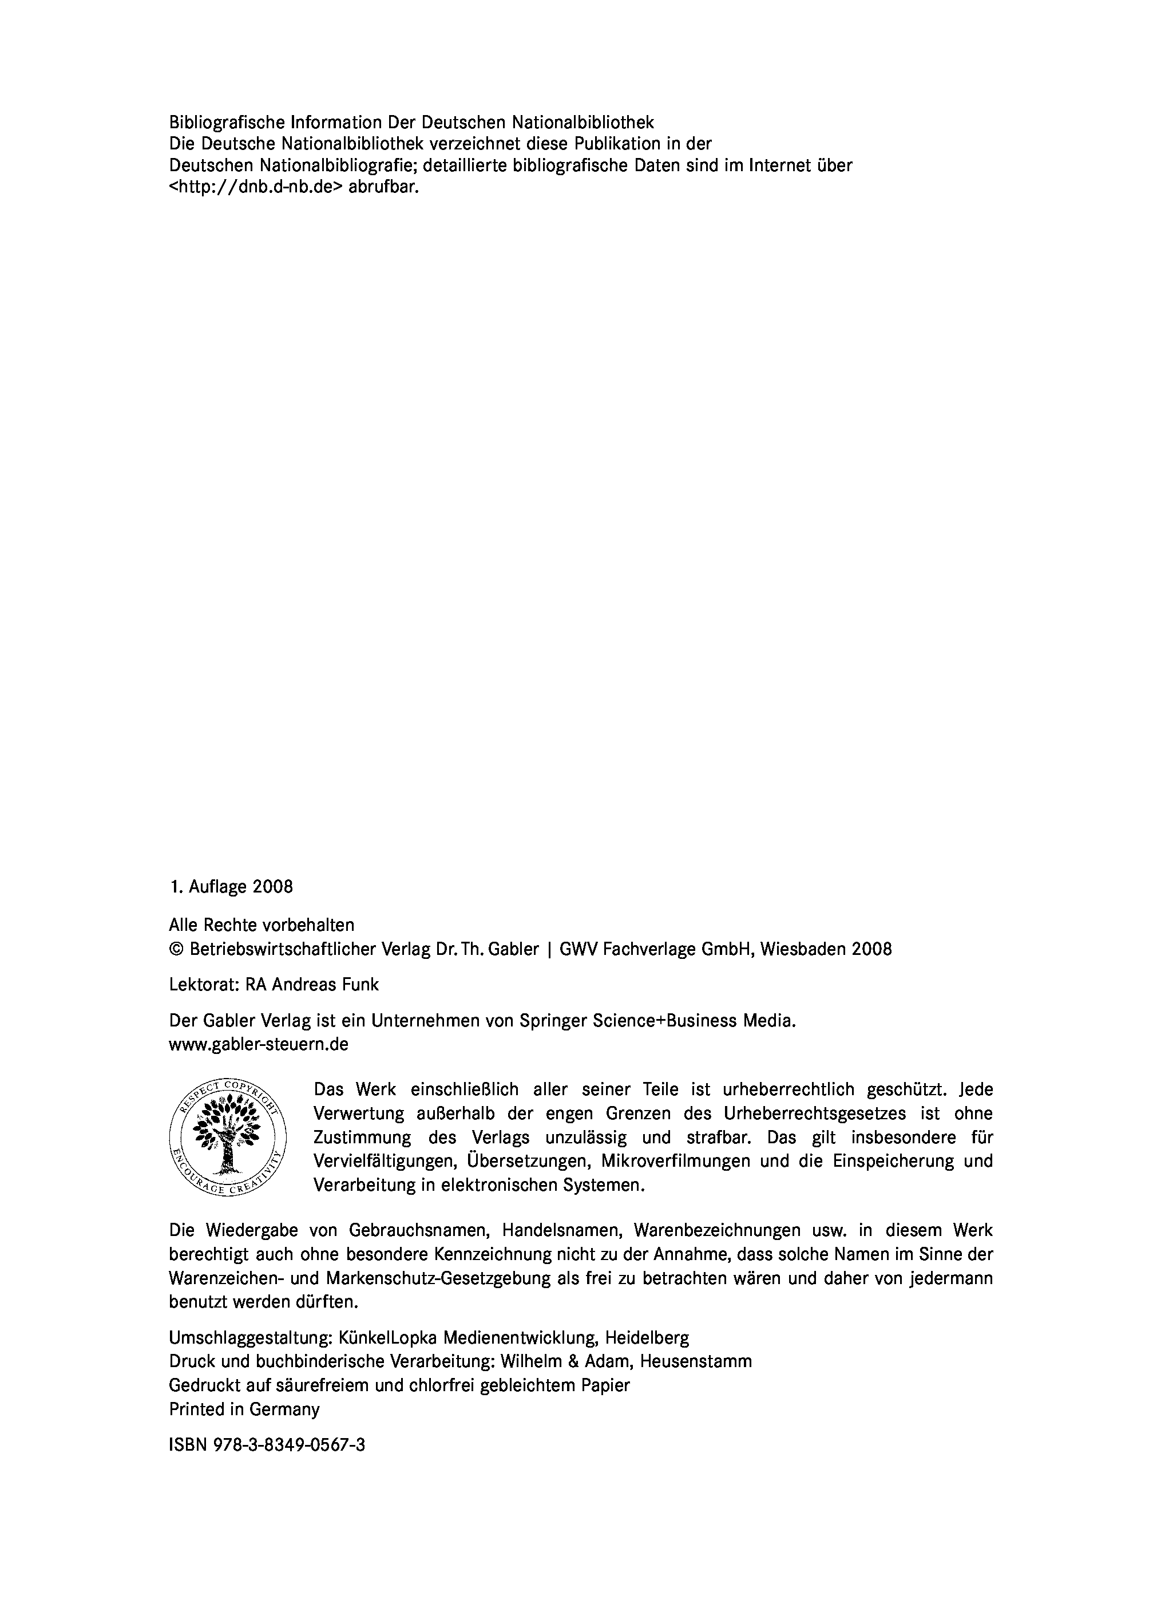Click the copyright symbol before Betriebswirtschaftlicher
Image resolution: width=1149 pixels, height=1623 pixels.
click(176, 949)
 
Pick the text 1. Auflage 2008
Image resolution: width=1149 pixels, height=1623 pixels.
click(231, 887)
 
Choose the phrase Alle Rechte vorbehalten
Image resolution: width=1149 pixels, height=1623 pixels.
click(262, 925)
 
